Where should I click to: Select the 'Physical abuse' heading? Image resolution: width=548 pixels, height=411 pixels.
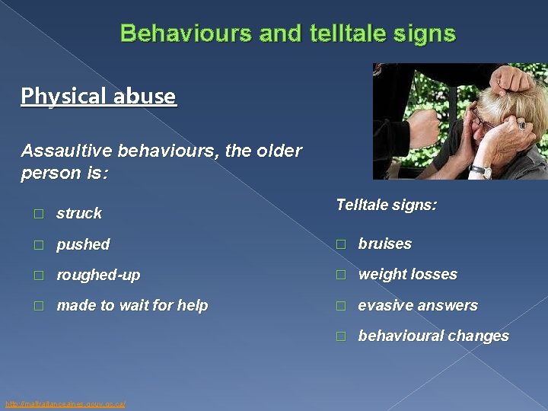(98, 96)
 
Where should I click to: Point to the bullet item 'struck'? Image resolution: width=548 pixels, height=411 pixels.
(79, 213)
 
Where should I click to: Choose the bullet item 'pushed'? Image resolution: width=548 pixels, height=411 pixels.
(83, 244)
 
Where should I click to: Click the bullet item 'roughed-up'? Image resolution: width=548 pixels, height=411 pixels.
(98, 275)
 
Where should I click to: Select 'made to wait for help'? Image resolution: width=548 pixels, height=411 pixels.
(132, 305)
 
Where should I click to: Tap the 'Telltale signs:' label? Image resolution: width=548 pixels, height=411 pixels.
(386, 205)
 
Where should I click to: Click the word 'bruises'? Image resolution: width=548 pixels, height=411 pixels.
(384, 244)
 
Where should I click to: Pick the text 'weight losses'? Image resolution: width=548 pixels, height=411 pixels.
(407, 274)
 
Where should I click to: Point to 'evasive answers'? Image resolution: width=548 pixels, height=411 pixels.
(418, 305)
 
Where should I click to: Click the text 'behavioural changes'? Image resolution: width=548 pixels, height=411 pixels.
(433, 336)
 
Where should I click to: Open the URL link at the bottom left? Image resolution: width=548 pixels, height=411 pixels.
(65, 403)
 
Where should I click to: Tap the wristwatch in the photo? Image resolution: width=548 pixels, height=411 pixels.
(480, 170)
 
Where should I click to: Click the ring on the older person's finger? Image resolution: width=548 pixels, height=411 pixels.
(521, 125)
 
